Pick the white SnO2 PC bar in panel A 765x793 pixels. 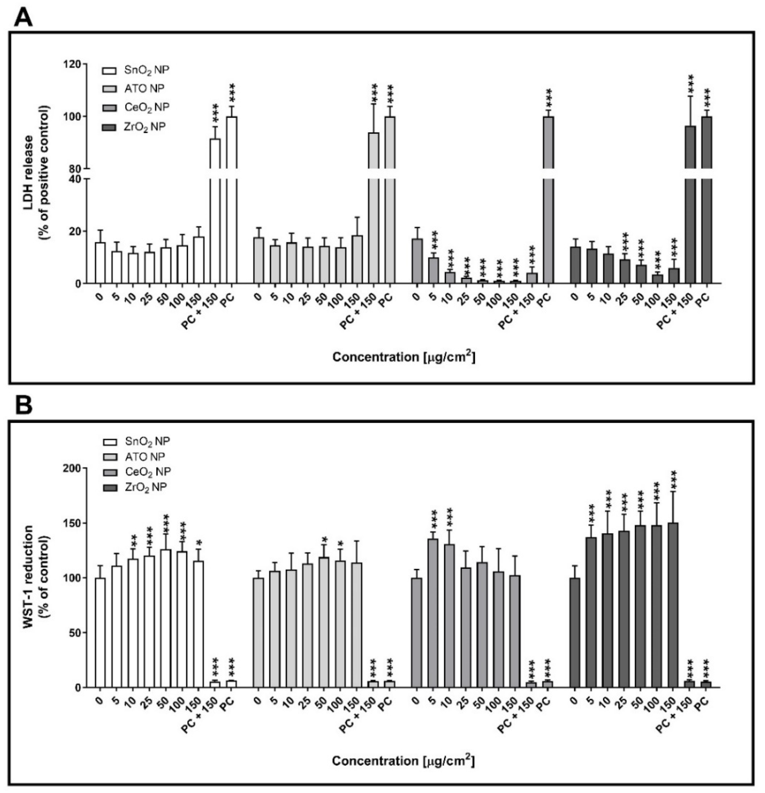232,202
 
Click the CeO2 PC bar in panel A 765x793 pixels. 548,202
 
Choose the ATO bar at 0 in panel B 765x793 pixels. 258,633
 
